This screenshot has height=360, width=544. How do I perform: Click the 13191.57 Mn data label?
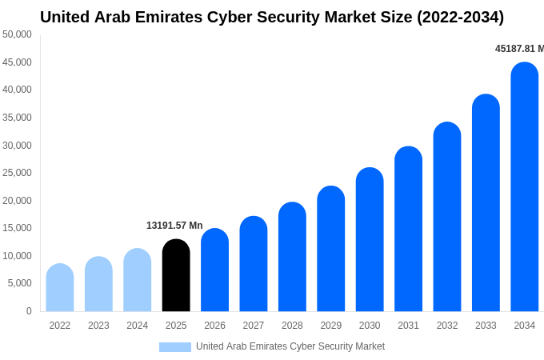(174, 226)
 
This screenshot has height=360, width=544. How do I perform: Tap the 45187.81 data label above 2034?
(518, 49)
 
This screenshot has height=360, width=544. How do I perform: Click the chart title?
(272, 17)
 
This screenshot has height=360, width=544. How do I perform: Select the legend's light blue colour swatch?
(175, 347)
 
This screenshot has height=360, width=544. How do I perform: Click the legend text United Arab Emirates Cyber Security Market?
(290, 346)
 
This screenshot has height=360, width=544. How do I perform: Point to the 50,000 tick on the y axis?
(17, 34)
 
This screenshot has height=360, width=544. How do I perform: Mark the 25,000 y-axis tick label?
(17, 173)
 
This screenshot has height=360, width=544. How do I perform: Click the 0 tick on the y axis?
(29, 311)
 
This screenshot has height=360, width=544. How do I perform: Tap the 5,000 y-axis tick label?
(19, 283)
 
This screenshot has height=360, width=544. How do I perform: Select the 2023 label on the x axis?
(98, 326)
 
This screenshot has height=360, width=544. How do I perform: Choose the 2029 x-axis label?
(331, 326)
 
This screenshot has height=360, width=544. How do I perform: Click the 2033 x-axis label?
(486, 326)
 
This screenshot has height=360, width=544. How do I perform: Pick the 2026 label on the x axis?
(214, 326)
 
